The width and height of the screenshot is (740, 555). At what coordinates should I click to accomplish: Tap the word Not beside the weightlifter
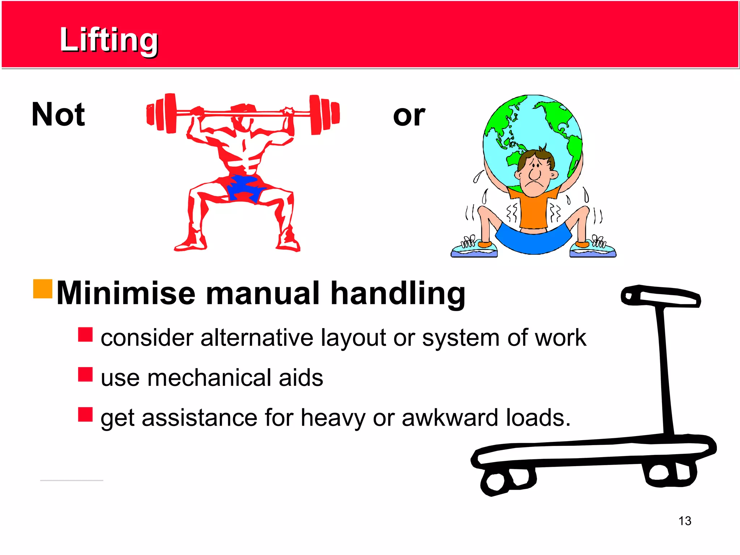[x=58, y=115]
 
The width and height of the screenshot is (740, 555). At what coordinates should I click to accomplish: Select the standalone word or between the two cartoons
[x=409, y=116]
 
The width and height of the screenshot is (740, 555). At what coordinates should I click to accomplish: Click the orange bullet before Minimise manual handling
[x=43, y=289]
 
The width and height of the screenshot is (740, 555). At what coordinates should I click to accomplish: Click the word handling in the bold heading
[x=398, y=294]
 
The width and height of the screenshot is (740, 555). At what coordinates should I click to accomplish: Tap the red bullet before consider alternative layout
[x=85, y=335]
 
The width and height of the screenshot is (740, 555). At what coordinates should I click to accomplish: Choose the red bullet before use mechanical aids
[x=85, y=374]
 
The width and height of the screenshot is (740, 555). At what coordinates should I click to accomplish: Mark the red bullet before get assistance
[x=85, y=414]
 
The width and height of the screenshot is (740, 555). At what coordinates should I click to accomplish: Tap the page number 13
[x=685, y=521]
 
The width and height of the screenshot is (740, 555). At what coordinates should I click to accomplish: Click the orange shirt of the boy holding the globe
[x=533, y=211]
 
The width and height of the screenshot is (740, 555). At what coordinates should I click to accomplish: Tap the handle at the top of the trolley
[x=661, y=296]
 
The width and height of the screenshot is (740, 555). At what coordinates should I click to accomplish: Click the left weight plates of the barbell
[x=162, y=113]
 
